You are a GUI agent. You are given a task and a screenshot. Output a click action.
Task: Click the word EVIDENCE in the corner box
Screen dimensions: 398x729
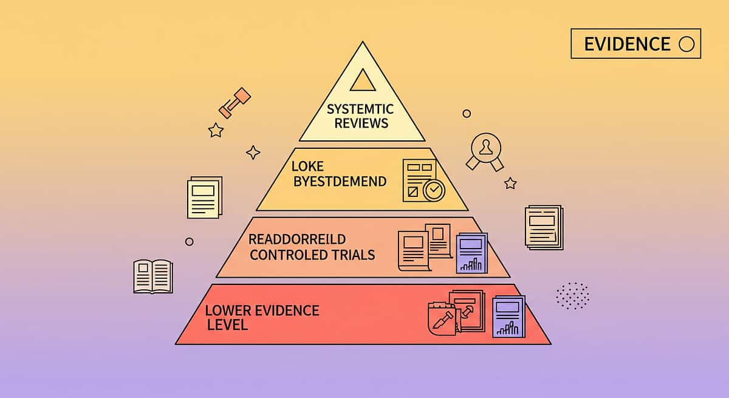628,44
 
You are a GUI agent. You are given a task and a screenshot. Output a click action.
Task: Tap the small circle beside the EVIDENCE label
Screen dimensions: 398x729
686,44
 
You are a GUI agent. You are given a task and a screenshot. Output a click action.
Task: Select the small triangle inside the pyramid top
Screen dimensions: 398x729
363,80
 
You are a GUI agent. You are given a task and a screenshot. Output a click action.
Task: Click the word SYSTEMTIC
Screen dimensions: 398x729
360,109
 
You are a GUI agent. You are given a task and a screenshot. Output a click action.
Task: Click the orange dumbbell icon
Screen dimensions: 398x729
234,103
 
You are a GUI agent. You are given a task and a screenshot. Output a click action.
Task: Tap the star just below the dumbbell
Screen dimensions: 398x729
215,129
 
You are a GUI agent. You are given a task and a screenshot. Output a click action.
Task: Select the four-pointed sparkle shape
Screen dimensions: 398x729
253,152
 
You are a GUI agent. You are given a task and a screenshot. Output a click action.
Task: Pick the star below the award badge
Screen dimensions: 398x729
510,183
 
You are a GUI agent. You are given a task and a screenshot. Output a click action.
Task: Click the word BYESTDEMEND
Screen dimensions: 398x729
340,181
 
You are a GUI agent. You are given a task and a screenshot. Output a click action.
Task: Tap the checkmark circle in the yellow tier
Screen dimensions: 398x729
434,190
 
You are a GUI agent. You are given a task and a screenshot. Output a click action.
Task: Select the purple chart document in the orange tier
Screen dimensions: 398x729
471,252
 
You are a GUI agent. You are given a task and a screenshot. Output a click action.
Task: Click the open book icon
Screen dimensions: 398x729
152,276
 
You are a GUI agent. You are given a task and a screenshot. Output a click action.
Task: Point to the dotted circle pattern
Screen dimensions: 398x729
572,295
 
